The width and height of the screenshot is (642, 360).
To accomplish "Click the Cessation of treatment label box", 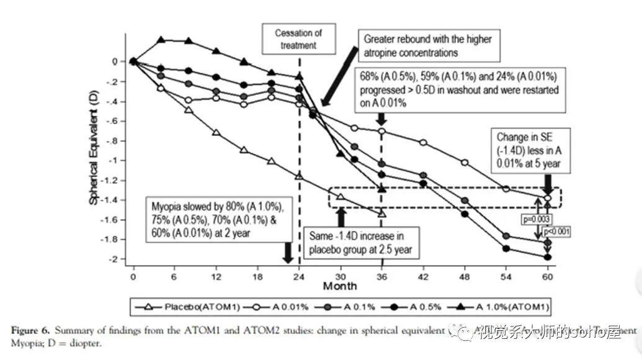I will pos(300,38).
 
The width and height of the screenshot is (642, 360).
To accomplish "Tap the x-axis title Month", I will pos(340,286).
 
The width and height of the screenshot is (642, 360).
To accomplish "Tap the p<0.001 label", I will pos(556,232).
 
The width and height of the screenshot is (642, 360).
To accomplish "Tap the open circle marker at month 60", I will pos(547,198).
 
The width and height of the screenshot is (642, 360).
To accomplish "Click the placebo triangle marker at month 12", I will pos(216,133).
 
